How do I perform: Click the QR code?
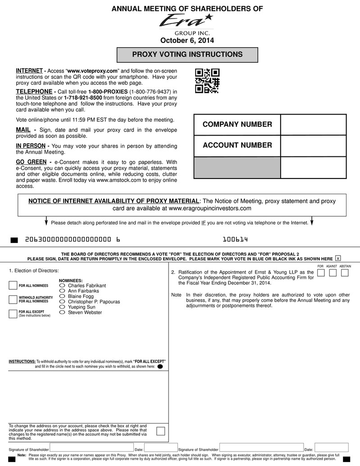(207, 81)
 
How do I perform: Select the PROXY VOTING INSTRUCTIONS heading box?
(187, 55)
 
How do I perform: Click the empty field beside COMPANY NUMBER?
(313, 125)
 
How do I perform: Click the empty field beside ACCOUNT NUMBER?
(313, 146)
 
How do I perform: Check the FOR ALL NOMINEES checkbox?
(13, 286)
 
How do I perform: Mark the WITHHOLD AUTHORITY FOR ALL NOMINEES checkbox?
(13, 300)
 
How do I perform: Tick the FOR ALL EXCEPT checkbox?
(13, 314)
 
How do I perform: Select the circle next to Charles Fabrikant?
(63, 286)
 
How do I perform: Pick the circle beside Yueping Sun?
(63, 307)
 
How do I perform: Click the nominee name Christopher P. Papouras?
(94, 302)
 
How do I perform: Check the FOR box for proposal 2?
(321, 274)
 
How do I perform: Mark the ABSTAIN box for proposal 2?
(345, 274)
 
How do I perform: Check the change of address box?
(160, 431)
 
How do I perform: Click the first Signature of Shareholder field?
(92, 448)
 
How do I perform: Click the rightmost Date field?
(331, 448)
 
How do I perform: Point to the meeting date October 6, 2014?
(187, 41)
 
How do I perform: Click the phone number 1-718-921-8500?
(83, 98)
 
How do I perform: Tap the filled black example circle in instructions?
(160, 367)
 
